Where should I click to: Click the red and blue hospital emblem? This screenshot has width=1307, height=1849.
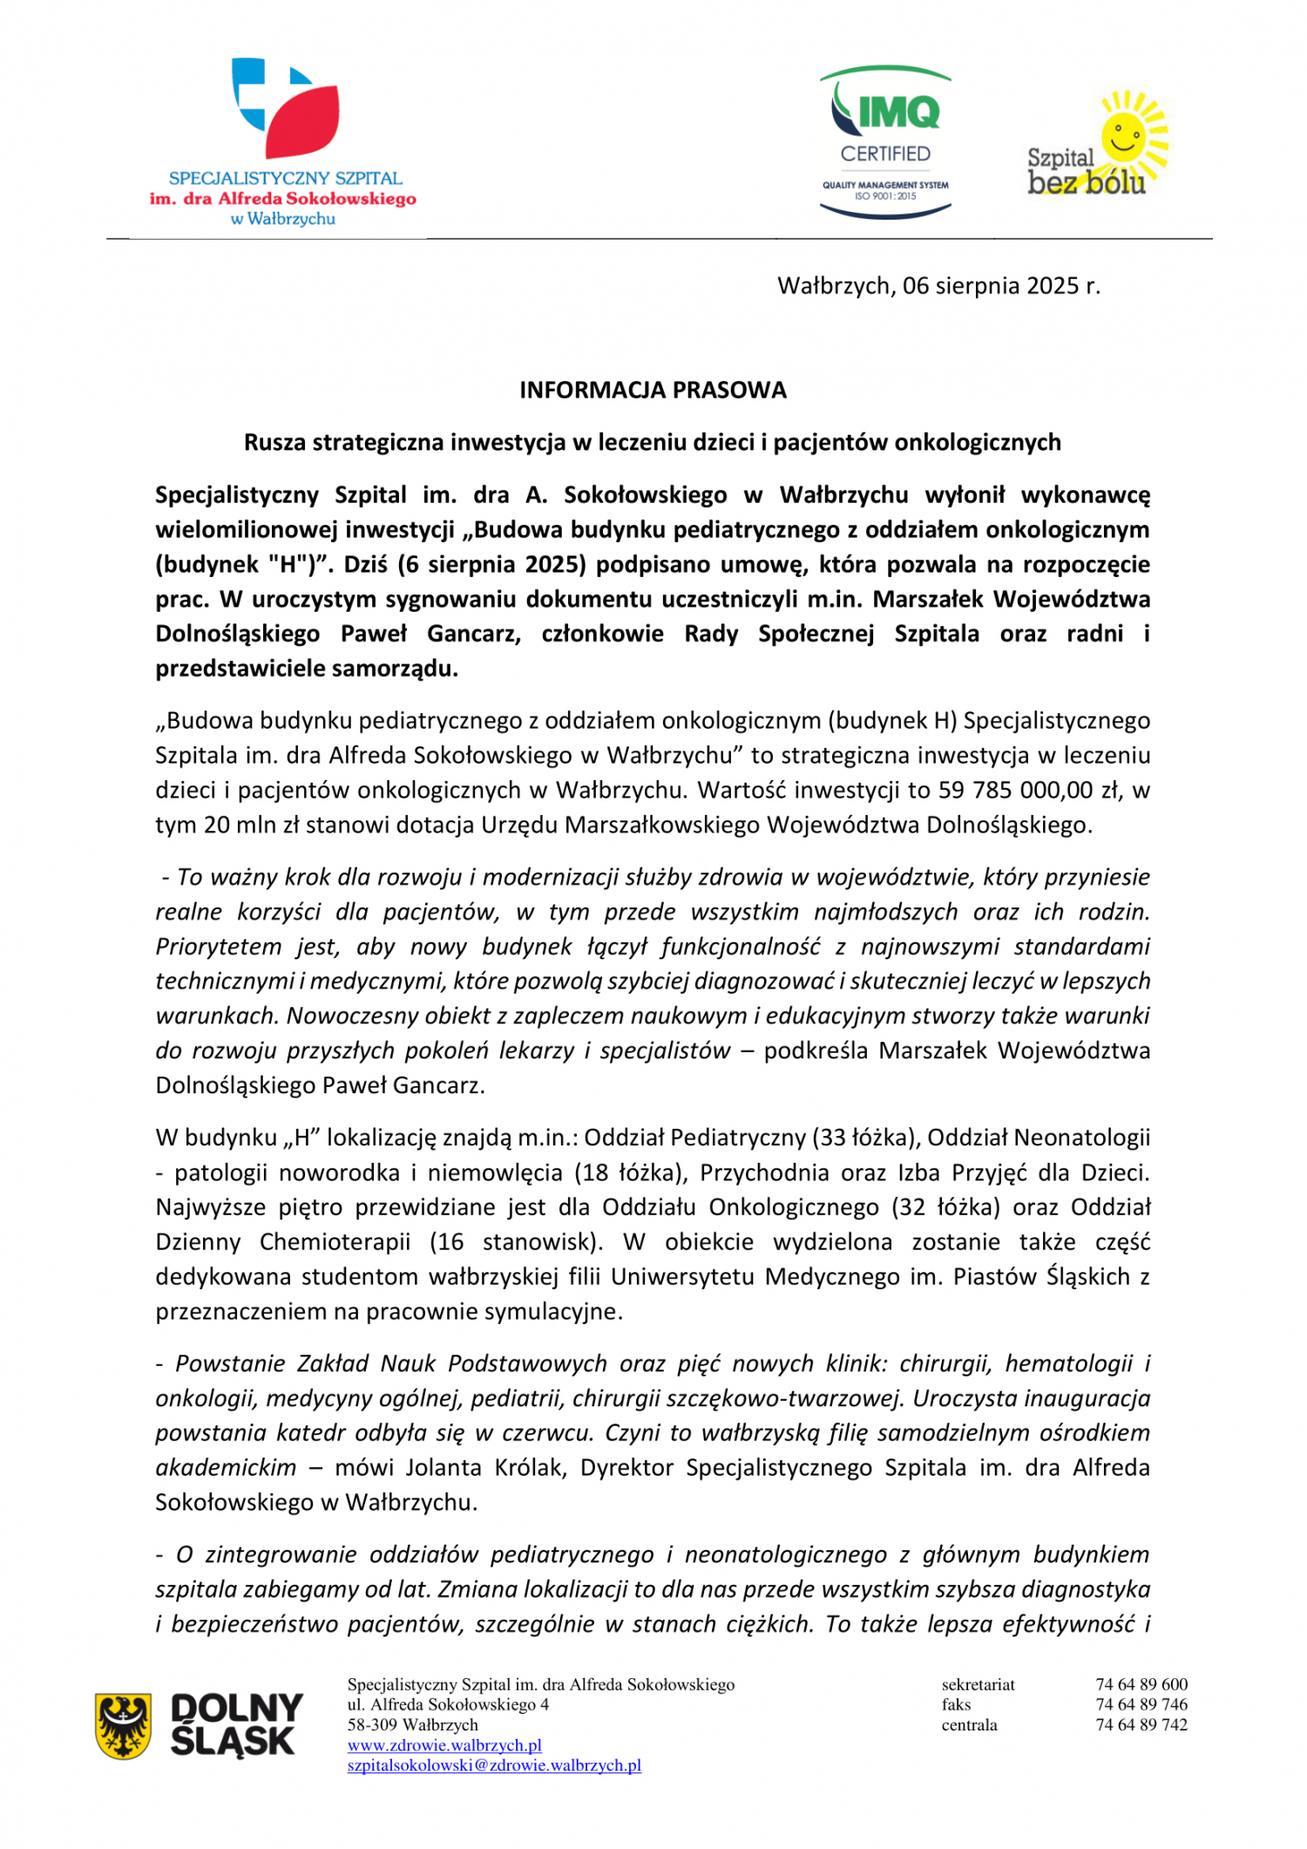click(285, 106)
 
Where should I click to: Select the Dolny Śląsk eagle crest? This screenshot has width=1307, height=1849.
click(123, 1726)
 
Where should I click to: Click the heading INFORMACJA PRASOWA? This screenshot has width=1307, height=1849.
click(653, 390)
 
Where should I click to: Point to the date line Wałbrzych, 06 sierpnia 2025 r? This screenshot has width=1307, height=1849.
click(938, 286)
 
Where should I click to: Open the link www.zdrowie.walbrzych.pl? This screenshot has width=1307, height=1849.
click(444, 1745)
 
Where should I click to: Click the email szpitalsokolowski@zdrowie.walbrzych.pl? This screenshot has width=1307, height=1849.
click(494, 1765)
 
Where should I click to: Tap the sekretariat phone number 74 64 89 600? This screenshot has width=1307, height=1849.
click(1141, 1684)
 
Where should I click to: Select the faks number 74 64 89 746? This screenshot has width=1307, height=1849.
click(1141, 1704)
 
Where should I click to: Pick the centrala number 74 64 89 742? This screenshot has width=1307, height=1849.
click(1141, 1724)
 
